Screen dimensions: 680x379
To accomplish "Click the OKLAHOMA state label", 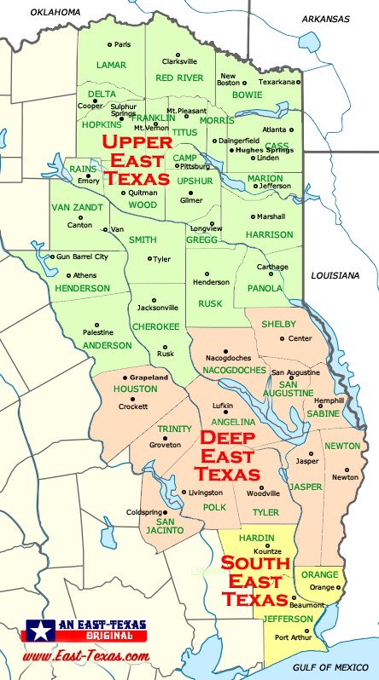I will [x=55, y=12].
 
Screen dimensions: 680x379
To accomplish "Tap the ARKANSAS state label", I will [x=326, y=18].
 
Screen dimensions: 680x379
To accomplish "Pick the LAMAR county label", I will [x=111, y=65].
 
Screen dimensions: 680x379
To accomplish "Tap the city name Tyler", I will [x=162, y=259].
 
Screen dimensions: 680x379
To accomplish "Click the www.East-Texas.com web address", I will [x=86, y=656].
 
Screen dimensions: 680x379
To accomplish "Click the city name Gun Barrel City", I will [x=82, y=256].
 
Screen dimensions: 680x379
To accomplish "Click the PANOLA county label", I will [x=265, y=288].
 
